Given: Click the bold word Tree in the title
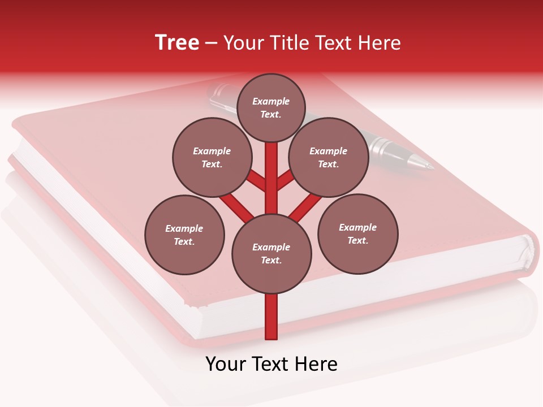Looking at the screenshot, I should [x=177, y=42].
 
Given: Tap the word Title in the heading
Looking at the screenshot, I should [x=287, y=43].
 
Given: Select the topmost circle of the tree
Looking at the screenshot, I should [x=271, y=107].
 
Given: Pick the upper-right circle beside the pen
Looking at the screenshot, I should [x=329, y=158].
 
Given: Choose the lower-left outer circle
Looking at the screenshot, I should [x=184, y=235].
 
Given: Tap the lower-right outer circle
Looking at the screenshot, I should [x=358, y=233].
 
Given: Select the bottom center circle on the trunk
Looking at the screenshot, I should [x=271, y=254].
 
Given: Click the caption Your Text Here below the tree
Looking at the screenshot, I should [x=271, y=364].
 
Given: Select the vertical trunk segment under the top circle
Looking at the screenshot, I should [x=271, y=170].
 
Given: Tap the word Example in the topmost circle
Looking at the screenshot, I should [x=271, y=101].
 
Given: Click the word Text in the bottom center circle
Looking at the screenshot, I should [x=270, y=261].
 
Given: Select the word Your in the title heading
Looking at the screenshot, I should [x=244, y=43].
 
